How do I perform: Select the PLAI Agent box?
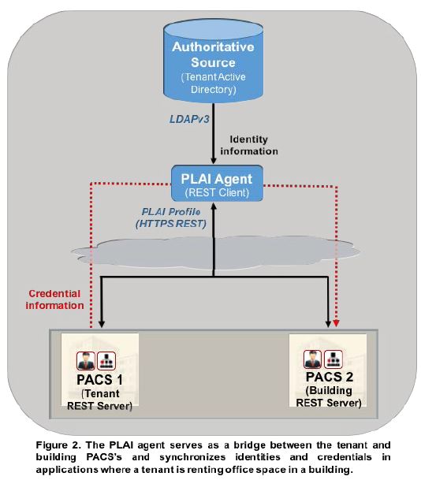tap(217, 184)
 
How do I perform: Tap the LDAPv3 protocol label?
tap(189, 119)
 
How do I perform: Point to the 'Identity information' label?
tap(249, 145)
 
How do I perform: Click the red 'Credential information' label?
tap(54, 300)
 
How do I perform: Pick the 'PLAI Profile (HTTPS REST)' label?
tap(171, 218)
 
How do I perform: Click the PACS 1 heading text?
tap(99, 380)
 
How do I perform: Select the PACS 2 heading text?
tap(330, 377)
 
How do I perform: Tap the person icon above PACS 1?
tap(86, 361)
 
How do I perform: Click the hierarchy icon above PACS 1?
tap(106, 361)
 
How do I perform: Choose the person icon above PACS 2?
tap(313, 359)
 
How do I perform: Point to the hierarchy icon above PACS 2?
tap(333, 359)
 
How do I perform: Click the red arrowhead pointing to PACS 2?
tap(336, 323)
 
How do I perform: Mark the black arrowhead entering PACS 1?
tap(102, 324)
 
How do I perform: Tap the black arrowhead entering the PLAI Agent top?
tap(214, 161)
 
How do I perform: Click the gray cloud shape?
tap(215, 252)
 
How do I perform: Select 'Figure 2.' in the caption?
tap(58, 445)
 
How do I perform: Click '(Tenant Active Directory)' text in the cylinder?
tap(214, 83)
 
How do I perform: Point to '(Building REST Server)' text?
tap(329, 396)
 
